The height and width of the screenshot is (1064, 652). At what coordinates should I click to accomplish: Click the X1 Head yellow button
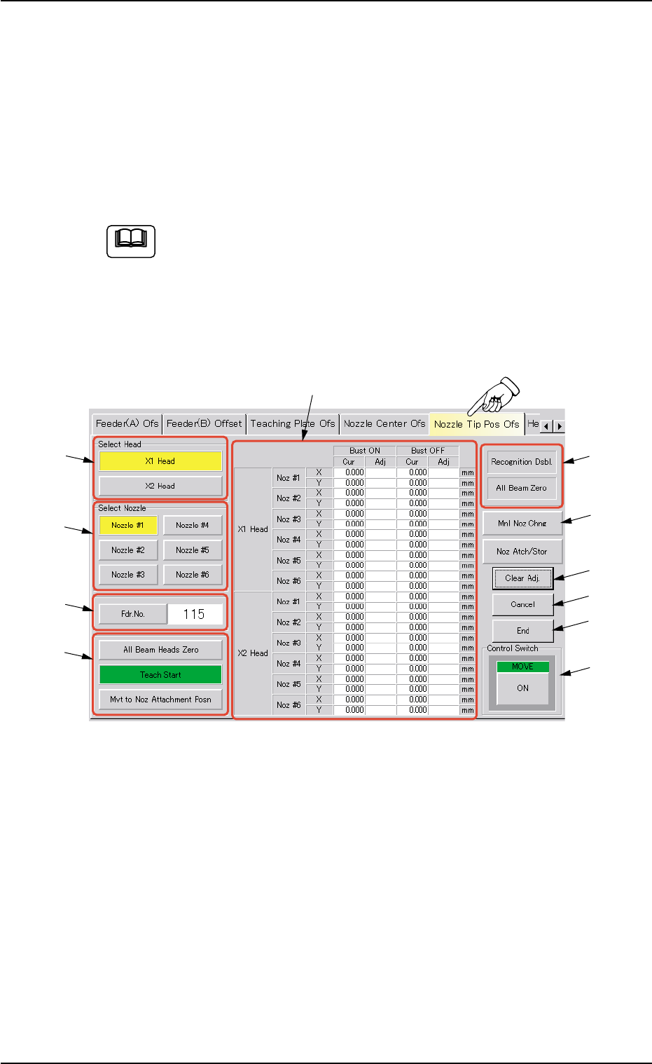click(160, 461)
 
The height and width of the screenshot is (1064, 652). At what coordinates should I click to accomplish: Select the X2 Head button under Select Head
click(160, 486)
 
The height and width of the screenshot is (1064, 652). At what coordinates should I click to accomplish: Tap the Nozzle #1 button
click(128, 525)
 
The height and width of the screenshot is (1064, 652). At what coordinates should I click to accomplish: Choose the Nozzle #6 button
click(193, 575)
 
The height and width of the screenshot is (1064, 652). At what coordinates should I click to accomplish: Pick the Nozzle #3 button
click(128, 575)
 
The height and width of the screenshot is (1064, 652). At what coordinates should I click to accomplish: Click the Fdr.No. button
click(133, 614)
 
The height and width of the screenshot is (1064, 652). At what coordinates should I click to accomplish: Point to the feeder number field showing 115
click(195, 614)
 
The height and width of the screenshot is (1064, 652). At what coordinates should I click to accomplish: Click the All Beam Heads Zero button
click(160, 650)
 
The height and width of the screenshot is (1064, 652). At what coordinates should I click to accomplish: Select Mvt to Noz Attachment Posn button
click(160, 700)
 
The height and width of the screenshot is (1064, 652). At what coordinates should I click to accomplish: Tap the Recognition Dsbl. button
click(522, 462)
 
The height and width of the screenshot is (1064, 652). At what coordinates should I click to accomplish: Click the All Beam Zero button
click(522, 488)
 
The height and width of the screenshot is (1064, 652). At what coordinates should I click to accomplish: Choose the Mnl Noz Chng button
click(522, 524)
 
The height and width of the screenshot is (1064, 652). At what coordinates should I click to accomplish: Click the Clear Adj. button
click(522, 578)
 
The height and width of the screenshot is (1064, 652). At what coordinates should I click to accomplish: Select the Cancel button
click(522, 604)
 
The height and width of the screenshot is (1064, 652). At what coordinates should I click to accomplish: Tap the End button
click(522, 631)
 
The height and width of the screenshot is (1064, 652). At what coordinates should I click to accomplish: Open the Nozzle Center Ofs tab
click(384, 424)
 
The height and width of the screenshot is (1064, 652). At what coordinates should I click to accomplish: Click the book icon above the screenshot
click(131, 241)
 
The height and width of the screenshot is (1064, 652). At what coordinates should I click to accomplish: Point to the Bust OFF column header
click(428, 451)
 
